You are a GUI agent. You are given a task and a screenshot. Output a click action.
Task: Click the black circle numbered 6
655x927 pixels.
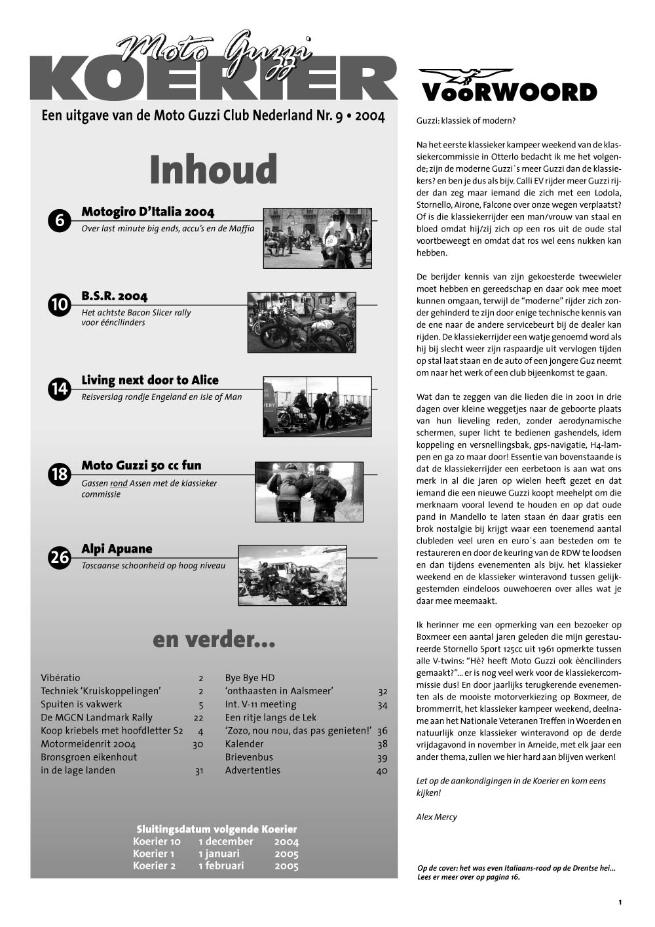pyautogui.click(x=59, y=220)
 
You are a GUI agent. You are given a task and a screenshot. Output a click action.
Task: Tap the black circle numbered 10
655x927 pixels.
pyautogui.click(x=59, y=305)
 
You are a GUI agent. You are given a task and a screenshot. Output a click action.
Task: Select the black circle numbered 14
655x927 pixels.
pyautogui.click(x=59, y=389)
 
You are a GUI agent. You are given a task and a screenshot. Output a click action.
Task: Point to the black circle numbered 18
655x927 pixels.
pyautogui.click(x=59, y=474)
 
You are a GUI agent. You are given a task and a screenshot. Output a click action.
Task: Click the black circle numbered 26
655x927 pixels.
pyautogui.click(x=59, y=558)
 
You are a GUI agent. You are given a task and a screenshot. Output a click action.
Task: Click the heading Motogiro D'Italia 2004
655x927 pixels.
pyautogui.click(x=148, y=212)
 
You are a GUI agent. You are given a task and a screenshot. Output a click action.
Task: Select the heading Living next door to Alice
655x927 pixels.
pyautogui.click(x=150, y=380)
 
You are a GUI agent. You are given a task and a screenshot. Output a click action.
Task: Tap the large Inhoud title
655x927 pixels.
pyautogui.click(x=214, y=169)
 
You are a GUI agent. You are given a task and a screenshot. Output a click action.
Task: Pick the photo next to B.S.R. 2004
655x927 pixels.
pyautogui.click(x=301, y=323)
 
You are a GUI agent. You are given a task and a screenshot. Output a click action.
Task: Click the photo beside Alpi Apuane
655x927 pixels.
pyautogui.click(x=292, y=575)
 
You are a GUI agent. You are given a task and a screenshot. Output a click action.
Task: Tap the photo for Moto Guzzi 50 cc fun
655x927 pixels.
pyautogui.click(x=309, y=492)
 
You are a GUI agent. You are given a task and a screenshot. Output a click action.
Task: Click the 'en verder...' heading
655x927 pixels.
pyautogui.click(x=214, y=640)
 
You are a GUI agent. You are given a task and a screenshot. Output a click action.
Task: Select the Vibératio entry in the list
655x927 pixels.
pyautogui.click(x=60, y=678)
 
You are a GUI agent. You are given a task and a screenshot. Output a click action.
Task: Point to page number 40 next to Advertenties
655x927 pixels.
pyautogui.click(x=382, y=771)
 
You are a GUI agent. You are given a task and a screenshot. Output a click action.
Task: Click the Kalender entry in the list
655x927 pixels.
pyautogui.click(x=244, y=744)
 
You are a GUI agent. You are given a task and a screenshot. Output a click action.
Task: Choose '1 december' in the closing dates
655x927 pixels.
pyautogui.click(x=226, y=842)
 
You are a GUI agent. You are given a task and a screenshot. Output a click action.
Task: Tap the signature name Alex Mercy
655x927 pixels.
pyautogui.click(x=437, y=817)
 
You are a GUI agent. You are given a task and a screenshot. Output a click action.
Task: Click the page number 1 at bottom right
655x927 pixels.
pyautogui.click(x=620, y=903)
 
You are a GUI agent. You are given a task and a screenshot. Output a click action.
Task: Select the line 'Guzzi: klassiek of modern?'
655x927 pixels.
pyautogui.click(x=466, y=121)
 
